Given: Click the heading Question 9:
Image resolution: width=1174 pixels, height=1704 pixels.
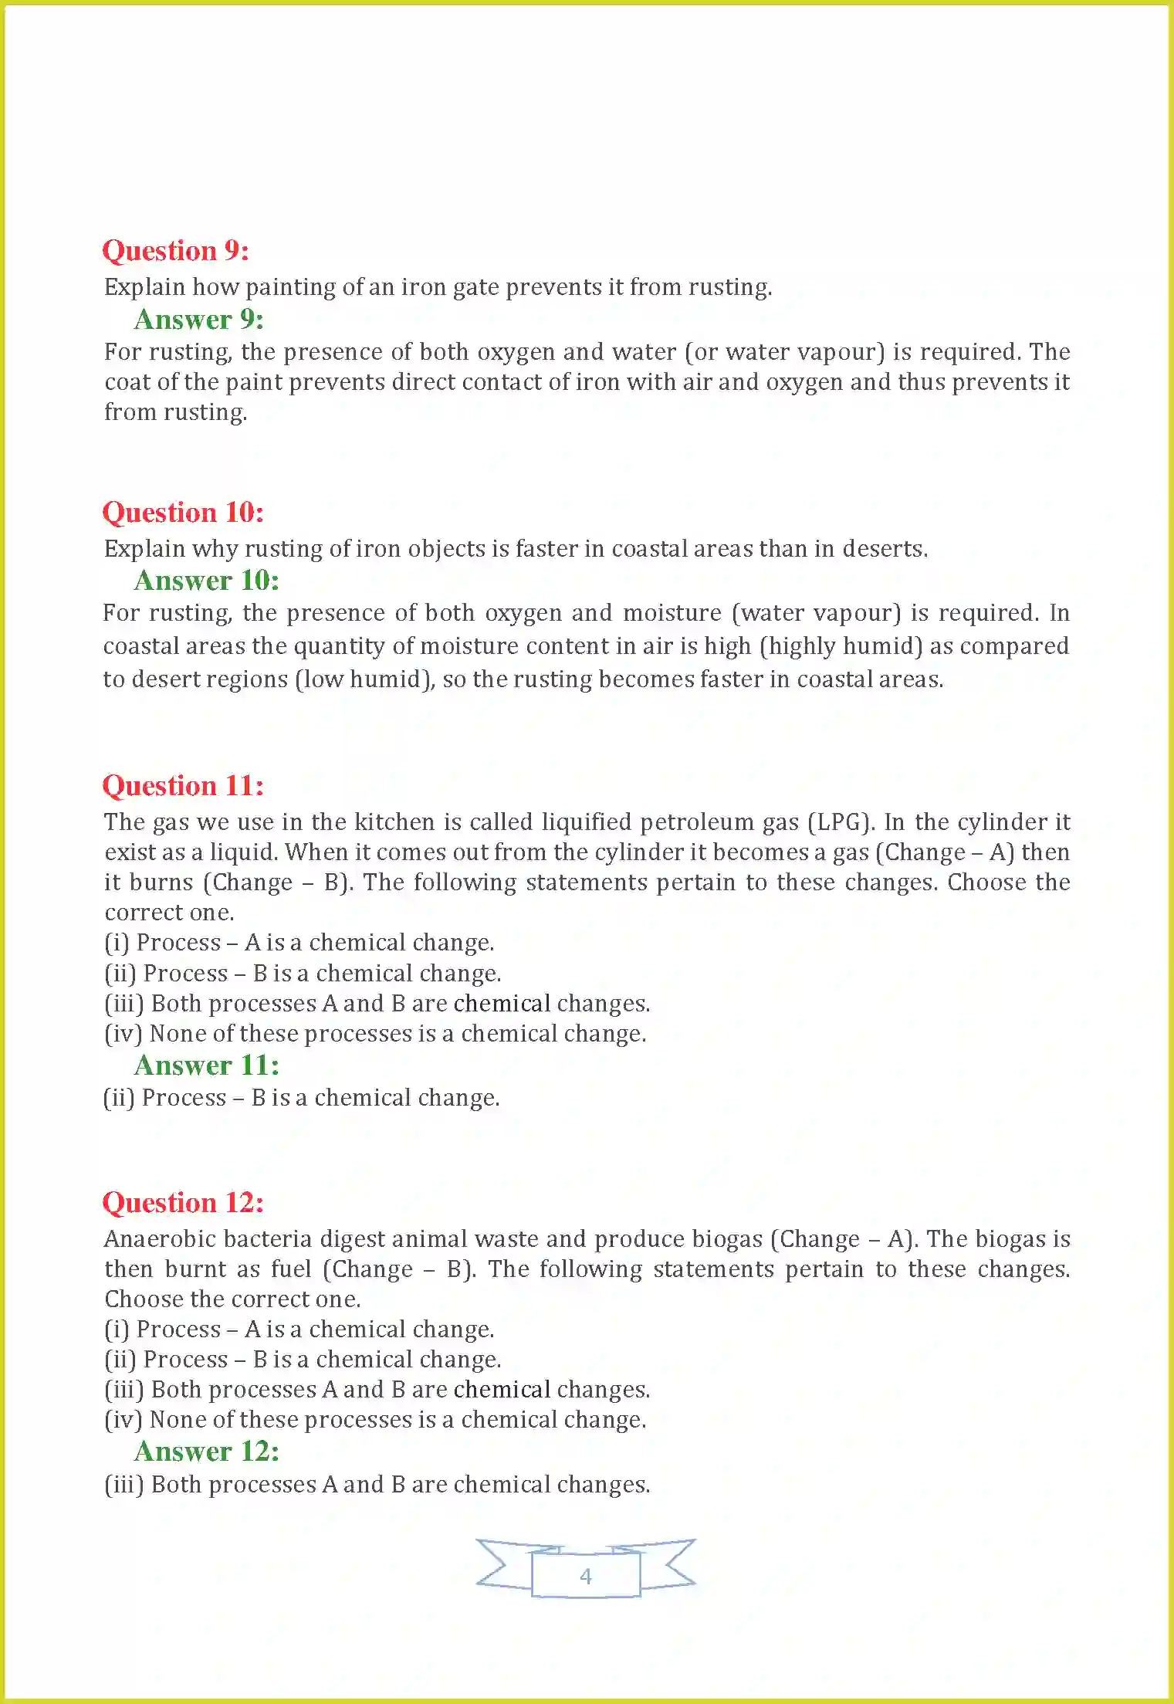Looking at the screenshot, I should [x=175, y=251].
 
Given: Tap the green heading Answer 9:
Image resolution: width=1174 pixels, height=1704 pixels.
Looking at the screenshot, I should [x=198, y=319].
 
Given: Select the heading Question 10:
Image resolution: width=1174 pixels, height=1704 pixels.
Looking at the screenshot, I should [x=183, y=513].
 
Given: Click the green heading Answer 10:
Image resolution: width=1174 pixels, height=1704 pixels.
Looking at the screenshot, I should [x=206, y=581].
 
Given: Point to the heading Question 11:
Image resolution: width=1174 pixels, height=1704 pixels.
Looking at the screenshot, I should [x=183, y=786].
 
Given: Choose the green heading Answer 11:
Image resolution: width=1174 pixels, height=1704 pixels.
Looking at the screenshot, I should [x=206, y=1065].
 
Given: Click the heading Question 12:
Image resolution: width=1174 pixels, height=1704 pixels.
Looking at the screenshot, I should [x=183, y=1203].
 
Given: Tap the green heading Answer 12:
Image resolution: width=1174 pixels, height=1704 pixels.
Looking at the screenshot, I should [x=206, y=1452].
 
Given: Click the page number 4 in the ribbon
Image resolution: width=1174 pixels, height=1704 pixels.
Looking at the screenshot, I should [x=586, y=1576].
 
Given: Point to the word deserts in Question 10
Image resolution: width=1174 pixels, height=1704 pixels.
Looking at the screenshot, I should [x=885, y=549].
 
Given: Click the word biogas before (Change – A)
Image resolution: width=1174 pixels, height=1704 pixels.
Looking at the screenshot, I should [x=727, y=1239].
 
